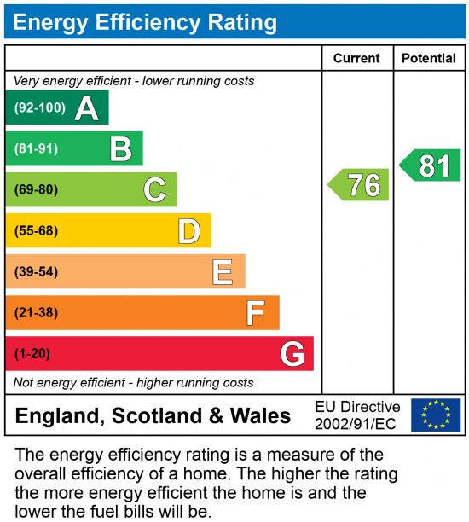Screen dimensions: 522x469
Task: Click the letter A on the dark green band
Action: click(86, 108)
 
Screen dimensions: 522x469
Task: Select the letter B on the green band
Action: click(120, 149)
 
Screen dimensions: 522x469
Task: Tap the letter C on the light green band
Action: click(154, 189)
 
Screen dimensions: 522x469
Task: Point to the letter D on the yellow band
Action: click(188, 230)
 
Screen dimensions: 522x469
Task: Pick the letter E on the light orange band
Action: click(223, 271)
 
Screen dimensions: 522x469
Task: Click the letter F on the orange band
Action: click(256, 313)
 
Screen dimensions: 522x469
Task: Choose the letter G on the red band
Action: click(292, 353)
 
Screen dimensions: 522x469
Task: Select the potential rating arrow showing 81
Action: click(431, 165)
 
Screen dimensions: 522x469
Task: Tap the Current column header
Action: click(356, 59)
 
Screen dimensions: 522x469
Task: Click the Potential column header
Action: click(429, 59)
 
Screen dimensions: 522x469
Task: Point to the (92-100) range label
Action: click(40, 108)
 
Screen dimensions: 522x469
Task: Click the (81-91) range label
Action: click(36, 149)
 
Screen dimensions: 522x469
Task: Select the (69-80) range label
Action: click(36, 189)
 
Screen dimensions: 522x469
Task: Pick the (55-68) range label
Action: click(36, 230)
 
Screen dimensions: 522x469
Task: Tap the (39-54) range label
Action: click(36, 271)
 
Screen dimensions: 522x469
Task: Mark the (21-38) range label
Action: click(36, 313)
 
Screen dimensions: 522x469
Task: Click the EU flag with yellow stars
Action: click(436, 415)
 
